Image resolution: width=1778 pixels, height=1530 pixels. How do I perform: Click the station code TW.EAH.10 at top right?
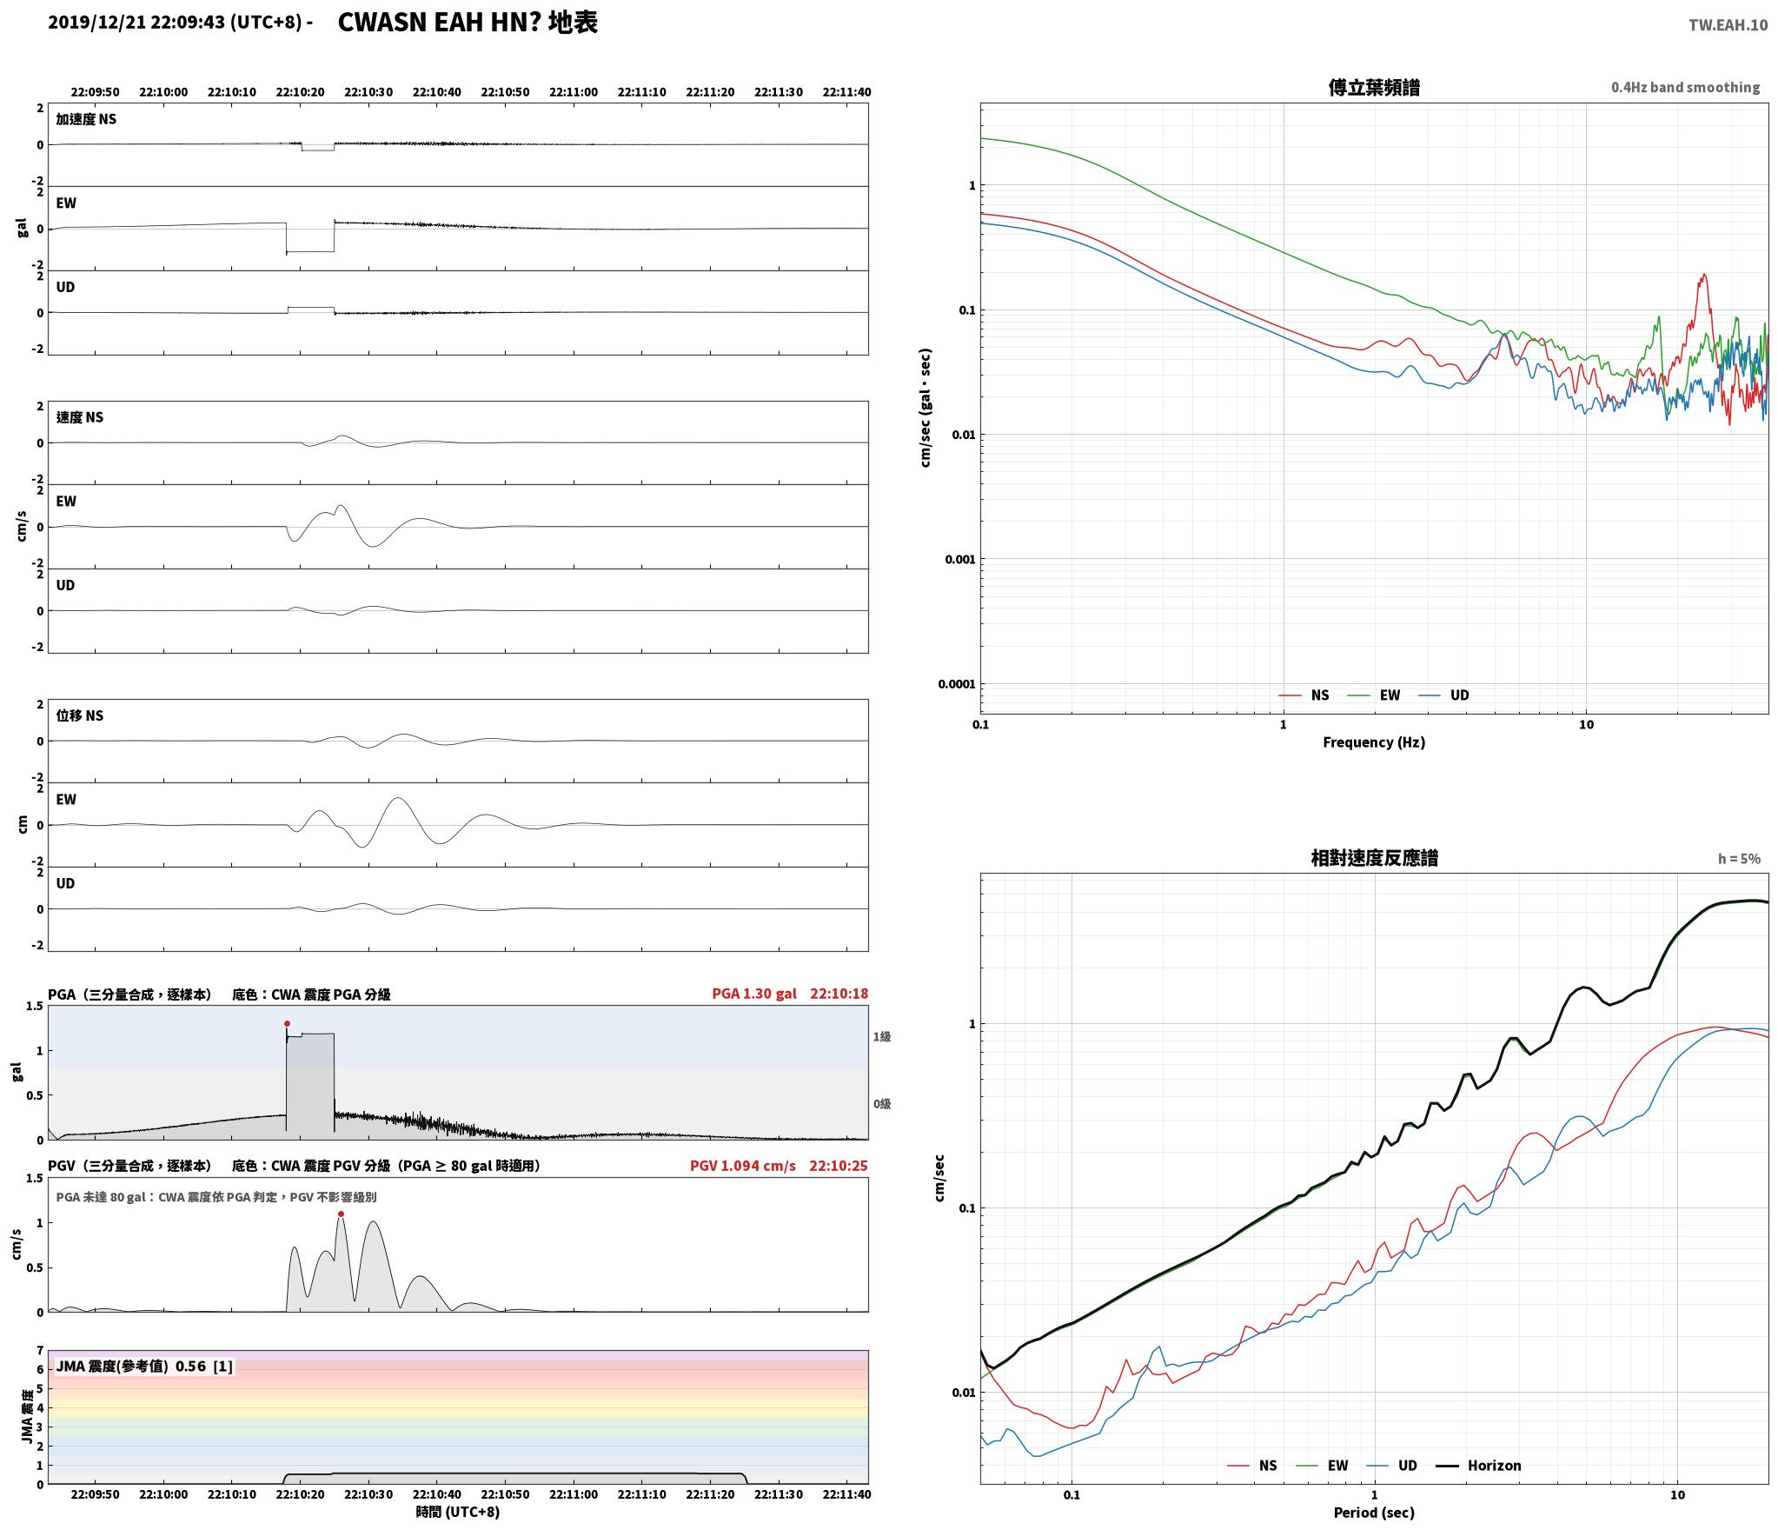[x=1728, y=25]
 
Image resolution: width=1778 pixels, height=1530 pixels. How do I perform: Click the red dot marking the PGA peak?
[x=287, y=1024]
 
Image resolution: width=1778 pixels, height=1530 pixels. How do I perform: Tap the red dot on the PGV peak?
[x=341, y=1214]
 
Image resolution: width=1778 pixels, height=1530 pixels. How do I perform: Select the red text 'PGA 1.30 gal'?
[x=753, y=994]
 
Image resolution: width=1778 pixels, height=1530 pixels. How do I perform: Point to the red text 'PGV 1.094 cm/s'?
[x=742, y=1166]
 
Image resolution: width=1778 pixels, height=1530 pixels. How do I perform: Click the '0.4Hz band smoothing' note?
[x=1685, y=88]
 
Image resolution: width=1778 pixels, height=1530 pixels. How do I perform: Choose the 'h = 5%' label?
[x=1739, y=859]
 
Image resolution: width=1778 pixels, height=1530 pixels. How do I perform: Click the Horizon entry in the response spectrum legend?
[x=1478, y=1466]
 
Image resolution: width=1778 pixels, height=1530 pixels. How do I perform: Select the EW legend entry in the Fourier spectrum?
[x=1374, y=695]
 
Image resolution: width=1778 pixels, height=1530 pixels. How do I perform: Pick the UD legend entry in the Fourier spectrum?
[x=1443, y=695]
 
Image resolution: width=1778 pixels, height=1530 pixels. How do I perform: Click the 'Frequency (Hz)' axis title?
[x=1374, y=742]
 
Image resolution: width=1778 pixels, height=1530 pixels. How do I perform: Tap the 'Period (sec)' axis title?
[x=1374, y=1513]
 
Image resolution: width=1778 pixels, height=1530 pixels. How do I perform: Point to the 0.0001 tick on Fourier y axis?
[x=956, y=684]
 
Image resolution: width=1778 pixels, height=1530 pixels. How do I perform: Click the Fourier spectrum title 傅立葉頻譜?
[x=1374, y=88]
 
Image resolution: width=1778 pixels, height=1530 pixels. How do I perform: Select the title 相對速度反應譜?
[x=1374, y=858]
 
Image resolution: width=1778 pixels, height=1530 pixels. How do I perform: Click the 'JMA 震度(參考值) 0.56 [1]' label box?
[x=144, y=1367]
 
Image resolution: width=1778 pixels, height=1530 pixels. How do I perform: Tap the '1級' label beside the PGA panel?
[x=882, y=1037]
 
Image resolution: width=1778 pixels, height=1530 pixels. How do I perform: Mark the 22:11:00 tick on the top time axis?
[x=574, y=92]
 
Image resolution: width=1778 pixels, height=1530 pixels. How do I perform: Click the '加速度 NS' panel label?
[x=86, y=119]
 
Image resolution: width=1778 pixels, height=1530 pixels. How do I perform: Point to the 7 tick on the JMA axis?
[x=39, y=1351]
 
